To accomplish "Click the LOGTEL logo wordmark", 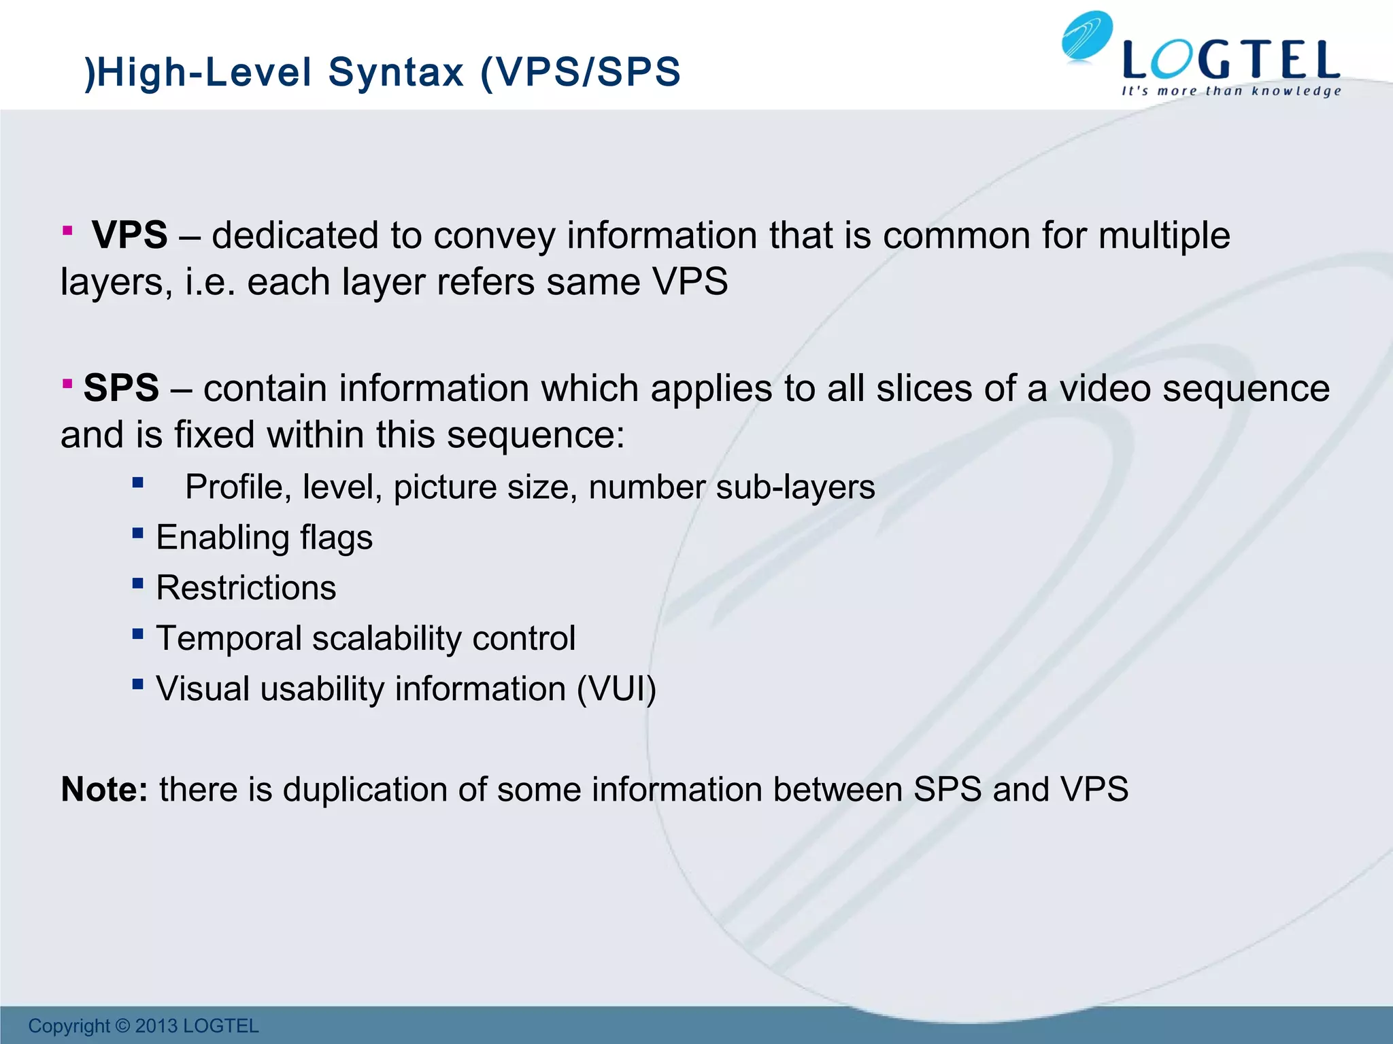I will [x=1231, y=60].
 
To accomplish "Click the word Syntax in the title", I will [x=397, y=72].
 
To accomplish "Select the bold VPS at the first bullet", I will [x=129, y=235].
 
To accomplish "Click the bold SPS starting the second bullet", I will [x=121, y=388].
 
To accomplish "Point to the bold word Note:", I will [x=104, y=790].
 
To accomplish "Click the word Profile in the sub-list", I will [x=233, y=487].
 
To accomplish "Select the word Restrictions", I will [x=246, y=588].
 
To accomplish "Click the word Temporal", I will [x=229, y=638].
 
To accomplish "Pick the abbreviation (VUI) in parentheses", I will [x=616, y=689].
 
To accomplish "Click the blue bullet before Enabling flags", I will [x=138, y=533].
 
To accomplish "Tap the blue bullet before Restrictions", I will [x=138, y=583].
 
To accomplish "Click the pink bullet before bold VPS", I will [x=67, y=231].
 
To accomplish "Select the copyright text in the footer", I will [x=144, y=1026].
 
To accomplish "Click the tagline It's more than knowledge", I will [x=1231, y=91].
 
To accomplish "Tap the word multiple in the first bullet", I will [x=1164, y=236].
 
